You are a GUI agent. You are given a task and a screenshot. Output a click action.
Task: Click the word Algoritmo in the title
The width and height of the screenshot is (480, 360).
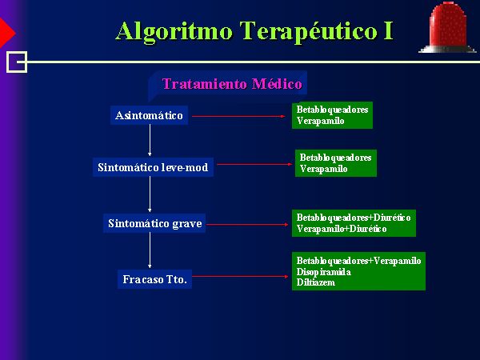174,32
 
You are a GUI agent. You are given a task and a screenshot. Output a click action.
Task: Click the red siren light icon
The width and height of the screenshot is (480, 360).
447,27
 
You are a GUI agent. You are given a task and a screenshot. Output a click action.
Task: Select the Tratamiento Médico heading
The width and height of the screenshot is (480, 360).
232,84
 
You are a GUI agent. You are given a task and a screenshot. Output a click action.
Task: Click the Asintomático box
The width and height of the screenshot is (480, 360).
149,115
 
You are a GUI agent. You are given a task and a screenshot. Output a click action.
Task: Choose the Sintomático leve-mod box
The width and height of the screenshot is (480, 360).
153,167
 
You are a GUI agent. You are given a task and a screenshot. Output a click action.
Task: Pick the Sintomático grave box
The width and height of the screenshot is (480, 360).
154,223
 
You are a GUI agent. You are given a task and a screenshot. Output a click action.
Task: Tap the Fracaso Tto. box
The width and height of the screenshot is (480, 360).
154,279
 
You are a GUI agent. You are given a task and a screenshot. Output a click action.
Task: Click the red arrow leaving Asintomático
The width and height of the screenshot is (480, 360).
238,116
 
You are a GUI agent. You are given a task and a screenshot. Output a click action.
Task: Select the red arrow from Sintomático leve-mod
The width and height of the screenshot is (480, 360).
254,164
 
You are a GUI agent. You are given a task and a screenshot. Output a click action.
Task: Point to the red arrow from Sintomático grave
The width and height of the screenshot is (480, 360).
247,224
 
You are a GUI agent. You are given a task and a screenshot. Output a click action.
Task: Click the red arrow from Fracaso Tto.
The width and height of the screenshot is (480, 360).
240,277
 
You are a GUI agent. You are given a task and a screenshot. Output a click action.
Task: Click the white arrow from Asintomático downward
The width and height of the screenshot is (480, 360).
150,140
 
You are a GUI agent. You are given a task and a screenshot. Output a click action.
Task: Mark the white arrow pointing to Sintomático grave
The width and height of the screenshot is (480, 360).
150,194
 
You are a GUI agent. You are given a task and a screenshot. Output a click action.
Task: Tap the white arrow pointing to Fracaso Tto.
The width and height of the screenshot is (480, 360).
150,250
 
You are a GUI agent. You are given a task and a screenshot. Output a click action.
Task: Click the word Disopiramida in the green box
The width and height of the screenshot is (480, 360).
323,272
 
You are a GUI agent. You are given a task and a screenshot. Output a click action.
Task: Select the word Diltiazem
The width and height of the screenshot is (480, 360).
316,282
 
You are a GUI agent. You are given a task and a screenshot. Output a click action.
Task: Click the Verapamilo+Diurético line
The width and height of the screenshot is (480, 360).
342,229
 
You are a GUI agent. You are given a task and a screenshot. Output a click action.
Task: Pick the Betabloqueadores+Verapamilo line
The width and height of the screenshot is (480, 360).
358,261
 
